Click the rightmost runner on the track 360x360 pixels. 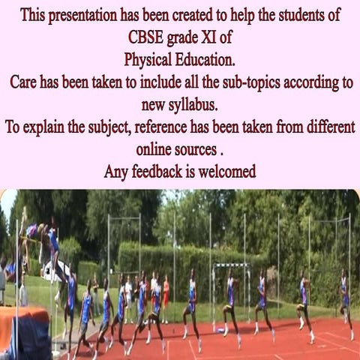coord(345,300)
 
